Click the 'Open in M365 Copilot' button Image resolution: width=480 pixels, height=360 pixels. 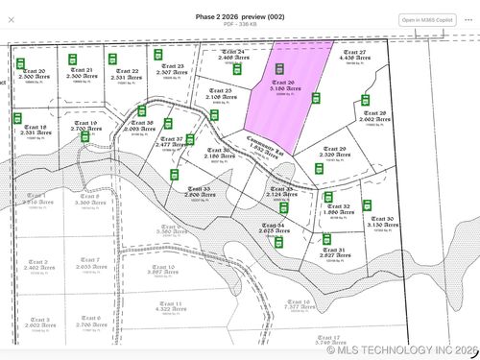click(423, 19)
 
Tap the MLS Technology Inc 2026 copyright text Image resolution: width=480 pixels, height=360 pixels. click(401, 350)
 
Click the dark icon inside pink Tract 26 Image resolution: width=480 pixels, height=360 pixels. click(280, 69)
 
